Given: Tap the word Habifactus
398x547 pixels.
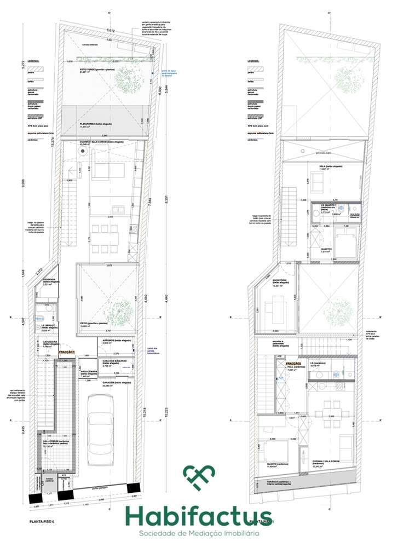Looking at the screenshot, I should coord(199,514).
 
